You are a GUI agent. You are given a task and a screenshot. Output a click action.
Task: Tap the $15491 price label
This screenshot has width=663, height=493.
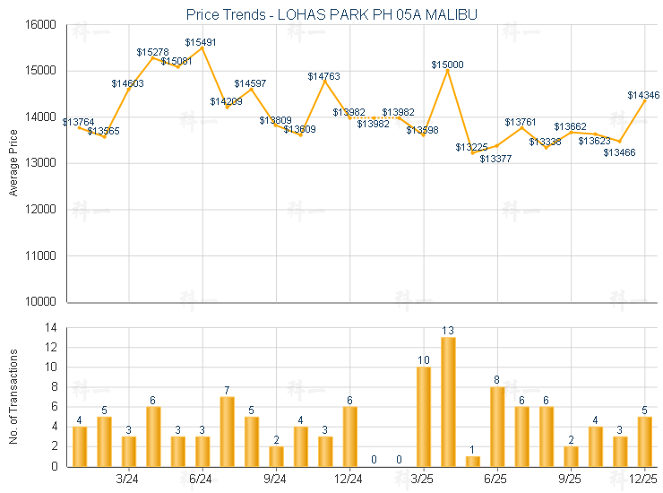point(201,42)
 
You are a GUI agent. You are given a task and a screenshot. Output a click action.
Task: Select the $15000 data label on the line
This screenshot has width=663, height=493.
point(447,65)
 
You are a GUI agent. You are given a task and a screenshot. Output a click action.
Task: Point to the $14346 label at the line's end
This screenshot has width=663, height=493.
point(643,95)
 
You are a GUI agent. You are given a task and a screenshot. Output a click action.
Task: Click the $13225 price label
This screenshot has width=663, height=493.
point(471,147)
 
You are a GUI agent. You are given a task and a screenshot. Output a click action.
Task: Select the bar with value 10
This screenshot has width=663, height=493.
point(424,417)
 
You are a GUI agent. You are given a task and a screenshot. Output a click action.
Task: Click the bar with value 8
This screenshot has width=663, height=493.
point(497,427)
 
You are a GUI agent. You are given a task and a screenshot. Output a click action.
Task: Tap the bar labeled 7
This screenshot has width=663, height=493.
point(228,431)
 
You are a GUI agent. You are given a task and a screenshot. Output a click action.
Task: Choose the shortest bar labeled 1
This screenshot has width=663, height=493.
point(473,461)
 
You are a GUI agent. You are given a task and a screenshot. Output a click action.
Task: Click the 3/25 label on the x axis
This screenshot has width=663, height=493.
point(423,479)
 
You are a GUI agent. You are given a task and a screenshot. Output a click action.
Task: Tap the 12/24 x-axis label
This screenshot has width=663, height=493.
point(349,479)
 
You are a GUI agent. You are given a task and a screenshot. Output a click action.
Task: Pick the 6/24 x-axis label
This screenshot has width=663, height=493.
point(202,479)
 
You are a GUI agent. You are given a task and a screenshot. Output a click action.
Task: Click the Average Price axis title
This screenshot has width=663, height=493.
point(13,163)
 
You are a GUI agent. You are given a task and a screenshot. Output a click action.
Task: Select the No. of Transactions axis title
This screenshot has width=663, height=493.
point(13,397)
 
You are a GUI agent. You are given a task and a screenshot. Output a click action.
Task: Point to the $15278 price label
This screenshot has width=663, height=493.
point(152,53)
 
